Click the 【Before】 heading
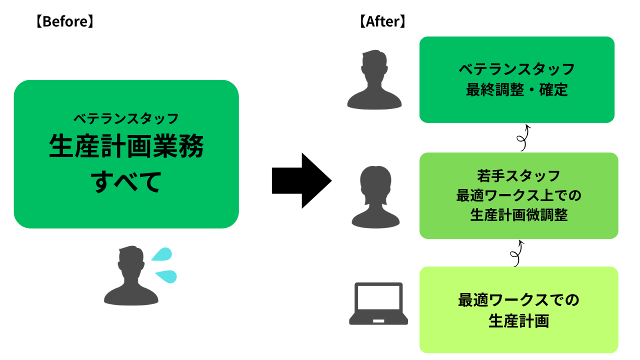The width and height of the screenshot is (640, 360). [x=64, y=22]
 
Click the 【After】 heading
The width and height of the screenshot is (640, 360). [x=382, y=22]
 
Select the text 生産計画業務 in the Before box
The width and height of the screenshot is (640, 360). [x=126, y=147]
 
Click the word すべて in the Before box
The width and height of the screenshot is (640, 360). [x=126, y=181]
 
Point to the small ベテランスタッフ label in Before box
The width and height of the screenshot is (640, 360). [x=126, y=119]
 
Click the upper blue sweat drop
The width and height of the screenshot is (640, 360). [x=161, y=254]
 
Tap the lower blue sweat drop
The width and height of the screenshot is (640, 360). [x=166, y=275]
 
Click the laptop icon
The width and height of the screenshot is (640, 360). [x=378, y=304]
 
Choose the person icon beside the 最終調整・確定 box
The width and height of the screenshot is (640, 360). [x=374, y=79]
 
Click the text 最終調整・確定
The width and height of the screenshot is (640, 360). [x=516, y=90]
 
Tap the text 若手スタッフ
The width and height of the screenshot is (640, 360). [x=518, y=176]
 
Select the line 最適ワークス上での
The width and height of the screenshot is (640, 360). [x=518, y=195]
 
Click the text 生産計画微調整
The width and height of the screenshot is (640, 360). [x=518, y=215]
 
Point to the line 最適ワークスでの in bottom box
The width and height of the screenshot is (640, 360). [x=518, y=300]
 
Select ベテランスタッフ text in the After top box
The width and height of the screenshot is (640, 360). [x=516, y=68]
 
